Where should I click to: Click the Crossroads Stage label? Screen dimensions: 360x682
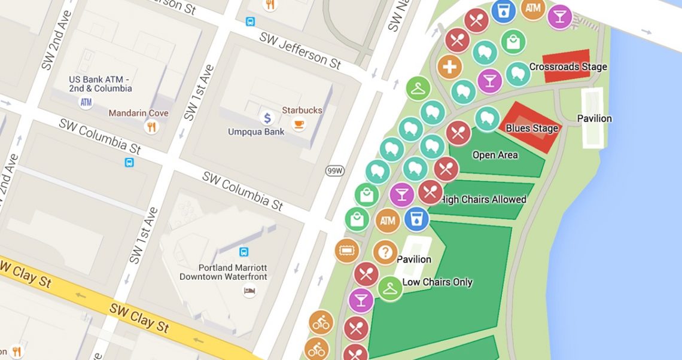pyautogui.click(x=568, y=67)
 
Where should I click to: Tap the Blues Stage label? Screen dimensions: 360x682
pyautogui.click(x=532, y=128)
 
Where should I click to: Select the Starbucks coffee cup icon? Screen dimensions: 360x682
pyautogui.click(x=298, y=124)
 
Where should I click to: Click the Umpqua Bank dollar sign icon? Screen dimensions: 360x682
pyautogui.click(x=267, y=118)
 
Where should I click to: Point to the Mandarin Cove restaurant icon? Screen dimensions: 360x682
pyautogui.click(x=151, y=127)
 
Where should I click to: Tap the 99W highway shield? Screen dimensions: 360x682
pyautogui.click(x=334, y=171)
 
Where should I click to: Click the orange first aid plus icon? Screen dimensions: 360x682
pyautogui.click(x=449, y=67)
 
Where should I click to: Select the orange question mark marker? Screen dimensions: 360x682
pyautogui.click(x=385, y=252)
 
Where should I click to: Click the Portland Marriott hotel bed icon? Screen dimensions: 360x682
pyautogui.click(x=249, y=291)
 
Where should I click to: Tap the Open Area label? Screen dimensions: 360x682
pyautogui.click(x=495, y=155)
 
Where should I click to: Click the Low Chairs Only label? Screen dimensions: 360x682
pyautogui.click(x=437, y=282)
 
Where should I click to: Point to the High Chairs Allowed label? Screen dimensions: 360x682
pyautogui.click(x=483, y=199)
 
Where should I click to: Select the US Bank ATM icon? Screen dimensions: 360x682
pyautogui.click(x=86, y=102)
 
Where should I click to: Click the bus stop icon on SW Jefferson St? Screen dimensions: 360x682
pyautogui.click(x=250, y=22)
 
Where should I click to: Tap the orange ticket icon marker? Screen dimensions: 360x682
pyautogui.click(x=346, y=251)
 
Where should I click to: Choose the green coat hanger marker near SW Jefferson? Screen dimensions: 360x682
pyautogui.click(x=418, y=89)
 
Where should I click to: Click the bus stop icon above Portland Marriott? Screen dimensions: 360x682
pyautogui.click(x=243, y=252)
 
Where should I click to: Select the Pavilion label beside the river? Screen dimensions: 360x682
pyautogui.click(x=594, y=118)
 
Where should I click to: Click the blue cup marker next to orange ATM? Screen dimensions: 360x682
pyautogui.click(x=416, y=219)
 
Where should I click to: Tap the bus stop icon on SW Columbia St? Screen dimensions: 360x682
pyautogui.click(x=129, y=162)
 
